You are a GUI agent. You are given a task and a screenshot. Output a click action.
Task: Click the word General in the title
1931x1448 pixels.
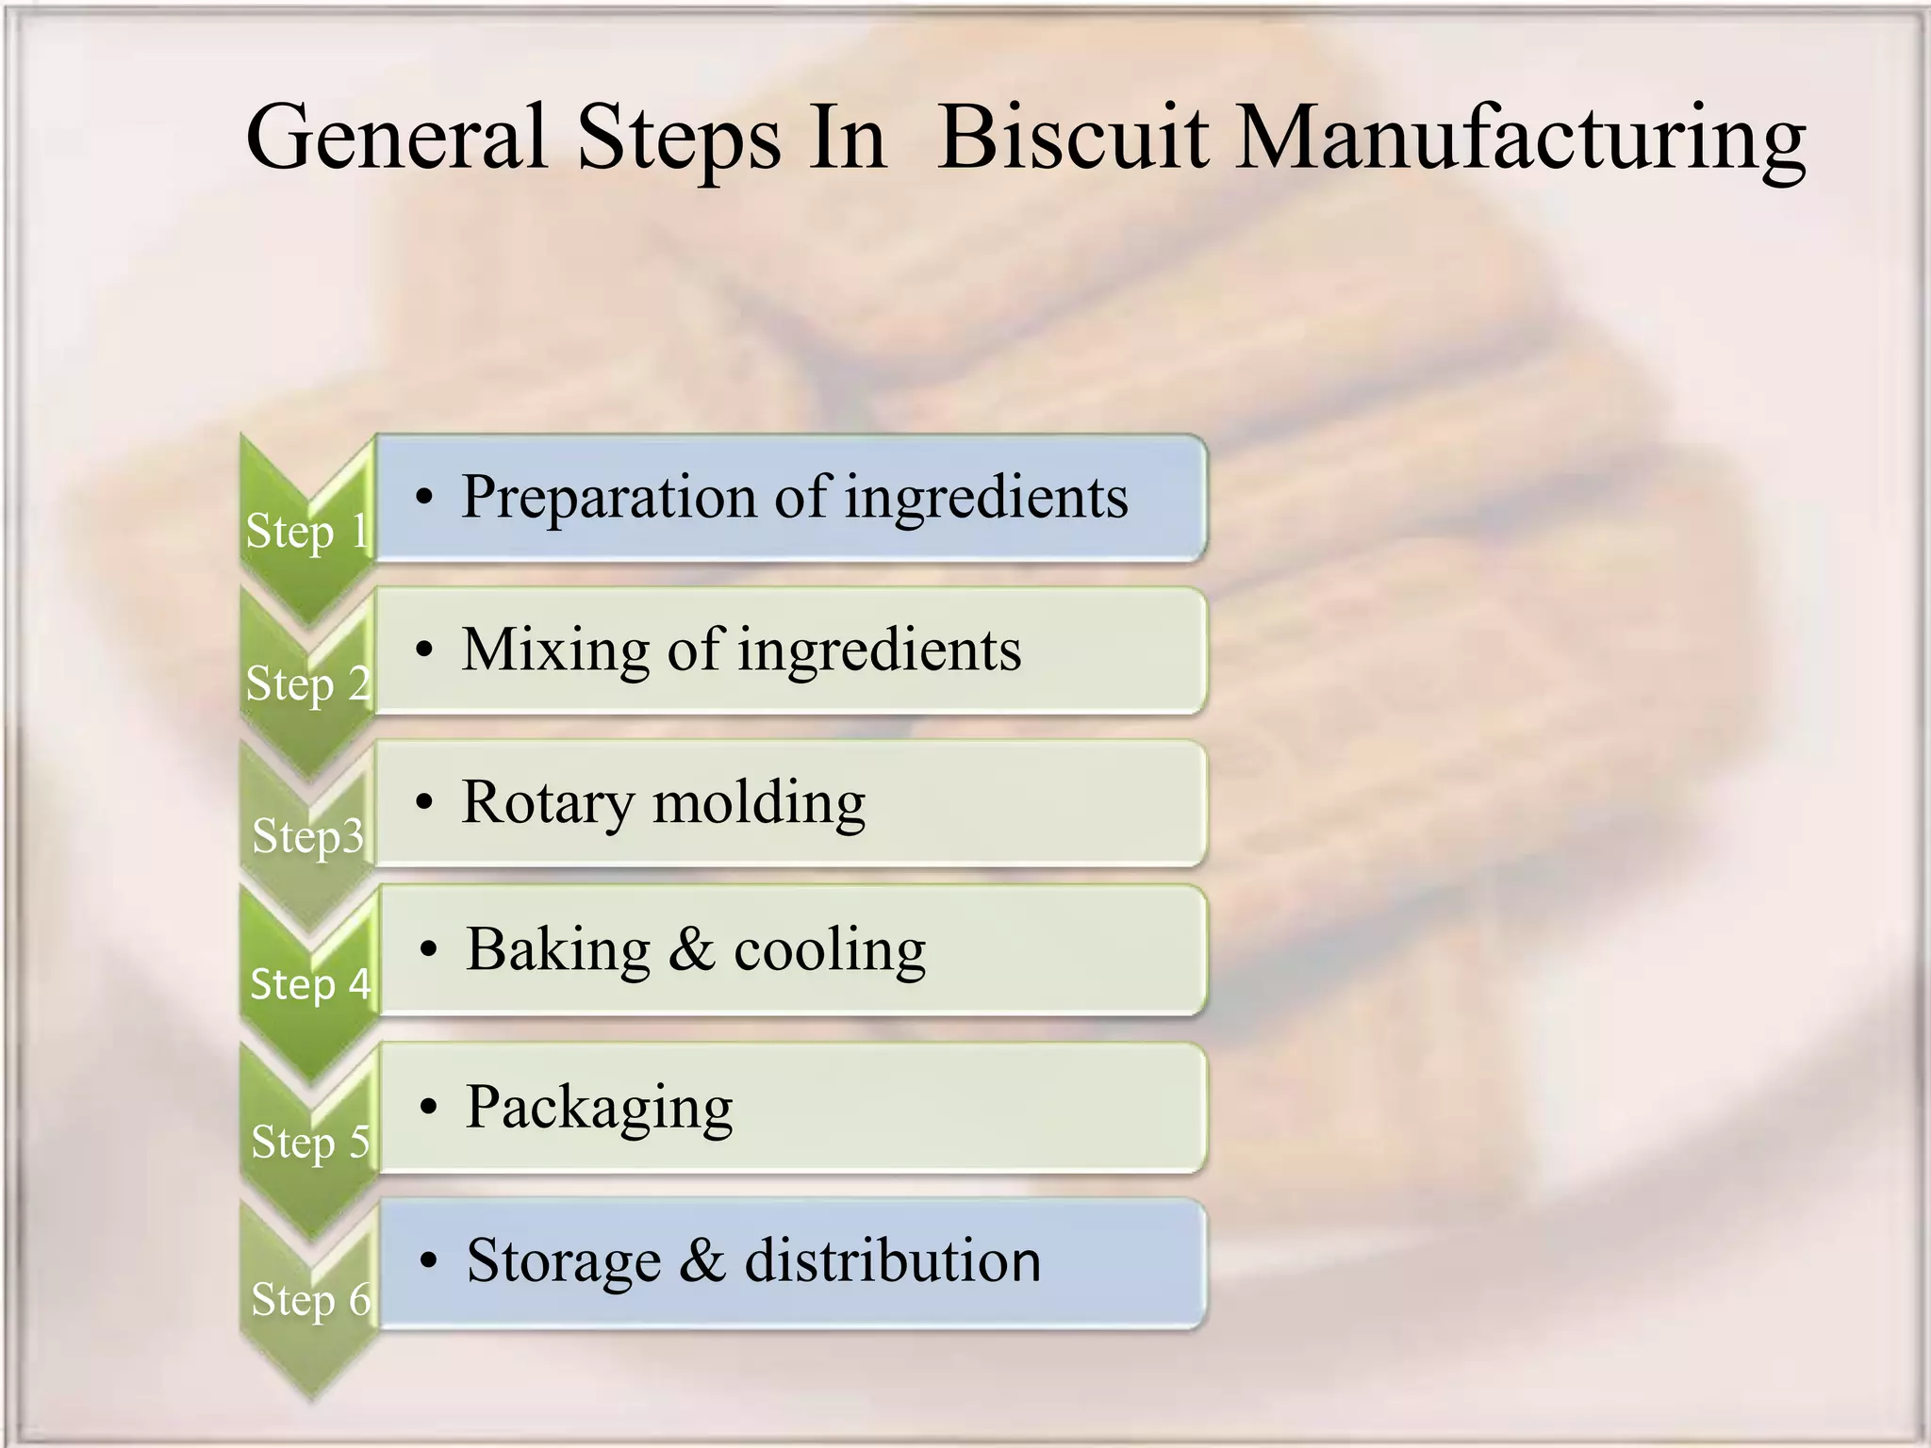[x=396, y=139]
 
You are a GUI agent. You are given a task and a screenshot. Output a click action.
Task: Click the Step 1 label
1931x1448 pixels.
[x=306, y=532]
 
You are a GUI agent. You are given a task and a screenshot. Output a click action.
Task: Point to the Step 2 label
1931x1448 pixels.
[x=307, y=684]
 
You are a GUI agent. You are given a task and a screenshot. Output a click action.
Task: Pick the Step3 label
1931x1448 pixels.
[x=307, y=836]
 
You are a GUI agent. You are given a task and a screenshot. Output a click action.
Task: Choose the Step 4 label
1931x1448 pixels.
[x=309, y=984]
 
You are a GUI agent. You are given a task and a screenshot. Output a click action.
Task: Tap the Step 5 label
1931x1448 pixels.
[x=309, y=1143]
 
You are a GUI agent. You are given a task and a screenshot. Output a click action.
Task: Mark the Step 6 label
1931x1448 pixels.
[x=310, y=1300]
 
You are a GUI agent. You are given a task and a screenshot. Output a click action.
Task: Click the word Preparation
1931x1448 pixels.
[x=608, y=498]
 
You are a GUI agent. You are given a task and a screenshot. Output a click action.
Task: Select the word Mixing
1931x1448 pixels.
[x=555, y=650]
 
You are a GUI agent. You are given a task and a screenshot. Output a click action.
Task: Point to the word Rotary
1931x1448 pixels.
[x=548, y=804]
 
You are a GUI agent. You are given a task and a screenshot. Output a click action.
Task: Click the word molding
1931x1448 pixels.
[x=759, y=802]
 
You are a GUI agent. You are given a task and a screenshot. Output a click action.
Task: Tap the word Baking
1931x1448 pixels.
[x=558, y=950]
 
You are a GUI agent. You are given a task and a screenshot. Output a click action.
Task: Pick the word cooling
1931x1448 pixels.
[x=830, y=950]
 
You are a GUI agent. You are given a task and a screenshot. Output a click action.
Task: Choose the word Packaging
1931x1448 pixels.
[x=599, y=1108]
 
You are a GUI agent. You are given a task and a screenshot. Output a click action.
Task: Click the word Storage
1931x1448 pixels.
[x=563, y=1261]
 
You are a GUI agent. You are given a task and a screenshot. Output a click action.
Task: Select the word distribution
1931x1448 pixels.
[x=893, y=1261]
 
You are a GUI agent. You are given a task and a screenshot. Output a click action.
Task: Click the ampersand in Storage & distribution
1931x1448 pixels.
[x=702, y=1261]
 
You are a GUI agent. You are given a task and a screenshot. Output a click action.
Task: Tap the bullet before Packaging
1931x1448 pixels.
[x=429, y=1107]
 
